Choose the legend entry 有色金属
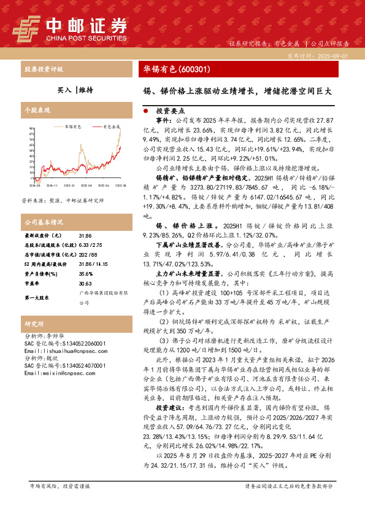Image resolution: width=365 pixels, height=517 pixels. (111, 126)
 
